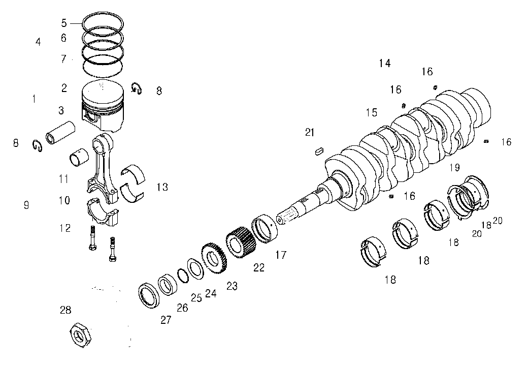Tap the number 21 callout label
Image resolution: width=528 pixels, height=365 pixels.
pos(310,133)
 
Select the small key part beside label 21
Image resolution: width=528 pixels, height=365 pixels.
pos(319,150)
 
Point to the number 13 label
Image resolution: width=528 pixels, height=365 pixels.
pos(162,187)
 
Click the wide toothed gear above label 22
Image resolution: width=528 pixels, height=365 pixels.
pos(241,242)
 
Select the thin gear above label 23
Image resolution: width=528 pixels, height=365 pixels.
pos(214,258)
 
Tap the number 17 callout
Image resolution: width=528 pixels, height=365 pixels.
pos(280,255)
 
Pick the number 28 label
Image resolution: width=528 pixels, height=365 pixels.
pos(65,310)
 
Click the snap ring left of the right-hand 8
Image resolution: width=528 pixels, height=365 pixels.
pos(137,88)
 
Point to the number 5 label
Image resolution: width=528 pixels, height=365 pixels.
pos(64,23)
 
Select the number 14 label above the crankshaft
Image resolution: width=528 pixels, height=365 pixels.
pos(384,63)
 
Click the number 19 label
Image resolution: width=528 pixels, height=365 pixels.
pos(454,167)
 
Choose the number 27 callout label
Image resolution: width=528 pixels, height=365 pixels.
pos(166,319)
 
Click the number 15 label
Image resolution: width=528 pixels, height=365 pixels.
pos(372,112)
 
